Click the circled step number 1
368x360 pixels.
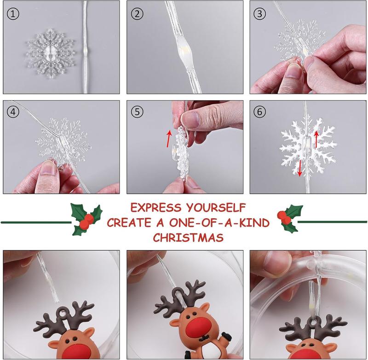coord(14,14)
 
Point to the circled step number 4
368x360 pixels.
coord(14,111)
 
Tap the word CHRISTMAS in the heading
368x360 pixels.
coord(189,238)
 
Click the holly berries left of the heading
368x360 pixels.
coord(85,223)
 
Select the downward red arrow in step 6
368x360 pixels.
coord(299,168)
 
